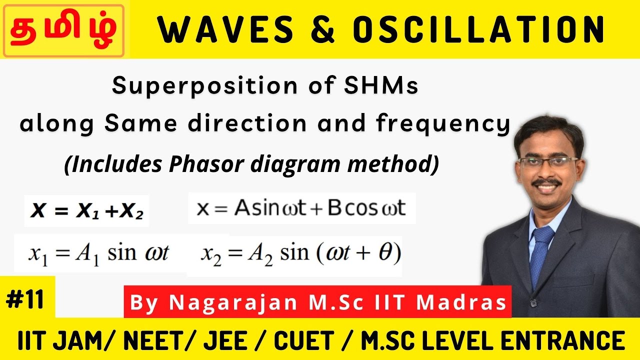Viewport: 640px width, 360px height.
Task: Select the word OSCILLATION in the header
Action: (479, 30)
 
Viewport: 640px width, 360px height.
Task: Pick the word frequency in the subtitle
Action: (442, 124)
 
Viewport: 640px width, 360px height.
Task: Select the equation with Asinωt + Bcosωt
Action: (301, 208)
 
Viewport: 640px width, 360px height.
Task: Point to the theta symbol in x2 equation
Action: (383, 253)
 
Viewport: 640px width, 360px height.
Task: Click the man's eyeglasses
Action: (548, 161)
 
